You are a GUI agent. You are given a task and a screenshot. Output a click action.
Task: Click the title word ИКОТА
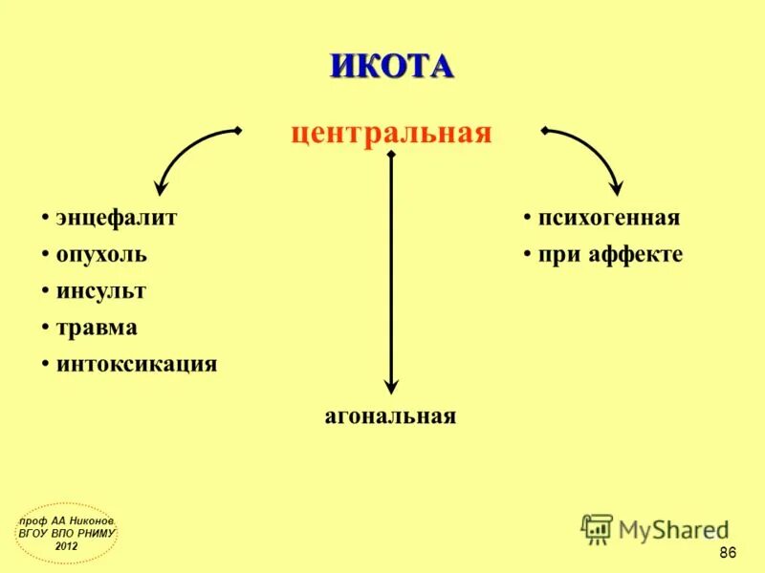tap(391, 66)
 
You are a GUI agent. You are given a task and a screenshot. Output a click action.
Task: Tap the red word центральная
tap(391, 133)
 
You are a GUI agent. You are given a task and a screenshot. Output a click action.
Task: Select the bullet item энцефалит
tap(117, 218)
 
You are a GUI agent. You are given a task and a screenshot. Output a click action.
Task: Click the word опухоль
tap(101, 255)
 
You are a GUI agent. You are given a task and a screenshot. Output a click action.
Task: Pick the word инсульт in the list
tap(101, 291)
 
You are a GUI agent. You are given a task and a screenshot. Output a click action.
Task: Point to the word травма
tap(97, 328)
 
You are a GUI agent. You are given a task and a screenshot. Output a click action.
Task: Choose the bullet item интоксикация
tap(137, 364)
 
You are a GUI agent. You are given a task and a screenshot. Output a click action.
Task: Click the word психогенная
tap(609, 218)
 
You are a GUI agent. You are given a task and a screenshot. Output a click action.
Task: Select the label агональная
tap(390, 416)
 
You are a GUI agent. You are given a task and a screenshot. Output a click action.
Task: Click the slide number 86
tap(727, 554)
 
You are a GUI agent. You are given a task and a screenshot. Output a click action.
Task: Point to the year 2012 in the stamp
tap(67, 545)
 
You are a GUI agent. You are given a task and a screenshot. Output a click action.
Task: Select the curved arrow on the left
tap(186, 153)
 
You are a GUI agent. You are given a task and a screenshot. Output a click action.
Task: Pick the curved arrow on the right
tap(593, 153)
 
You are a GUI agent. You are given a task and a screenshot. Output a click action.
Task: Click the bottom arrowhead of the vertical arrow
tap(390, 386)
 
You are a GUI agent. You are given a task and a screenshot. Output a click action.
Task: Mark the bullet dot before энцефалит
tap(45, 219)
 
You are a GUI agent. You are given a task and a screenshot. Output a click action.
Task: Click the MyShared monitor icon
tap(597, 528)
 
